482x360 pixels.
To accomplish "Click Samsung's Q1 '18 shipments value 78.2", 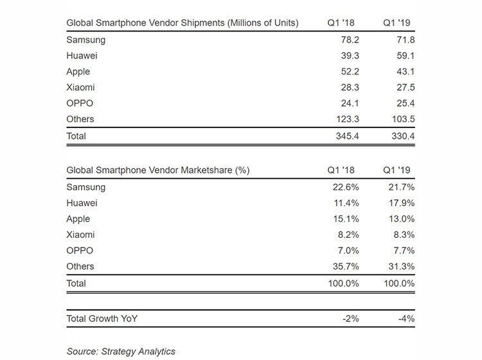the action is pyautogui.click(x=350, y=40).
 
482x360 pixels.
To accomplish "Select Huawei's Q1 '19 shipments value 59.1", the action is pyautogui.click(x=406, y=56).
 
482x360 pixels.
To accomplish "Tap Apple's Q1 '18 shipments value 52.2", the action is pyautogui.click(x=350, y=71).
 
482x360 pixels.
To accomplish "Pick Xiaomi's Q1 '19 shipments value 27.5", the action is pyautogui.click(x=406, y=87).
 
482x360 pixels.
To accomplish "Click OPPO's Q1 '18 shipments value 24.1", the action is pyautogui.click(x=350, y=103).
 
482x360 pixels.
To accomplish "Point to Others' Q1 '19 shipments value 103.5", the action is pyautogui.click(x=404, y=119).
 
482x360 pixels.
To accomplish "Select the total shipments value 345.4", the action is pyautogui.click(x=347, y=136).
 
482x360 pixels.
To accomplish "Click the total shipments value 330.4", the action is pyautogui.click(x=404, y=136).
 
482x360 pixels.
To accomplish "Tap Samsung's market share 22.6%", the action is pyautogui.click(x=346, y=187).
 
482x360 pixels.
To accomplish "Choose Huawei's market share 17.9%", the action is pyautogui.click(x=402, y=203).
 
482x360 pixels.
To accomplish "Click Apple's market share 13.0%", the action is pyautogui.click(x=402, y=219).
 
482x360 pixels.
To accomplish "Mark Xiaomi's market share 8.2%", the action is pyautogui.click(x=348, y=235).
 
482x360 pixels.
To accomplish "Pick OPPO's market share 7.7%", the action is pyautogui.click(x=404, y=251).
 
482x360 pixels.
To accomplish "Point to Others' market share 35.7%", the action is pyautogui.click(x=346, y=266).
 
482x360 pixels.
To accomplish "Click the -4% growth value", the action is pyautogui.click(x=406, y=318).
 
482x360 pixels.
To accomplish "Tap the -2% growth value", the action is pyautogui.click(x=351, y=318).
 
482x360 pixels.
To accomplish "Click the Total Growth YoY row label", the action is pyautogui.click(x=102, y=318).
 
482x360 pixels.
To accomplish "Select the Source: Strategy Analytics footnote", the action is pyautogui.click(x=121, y=352).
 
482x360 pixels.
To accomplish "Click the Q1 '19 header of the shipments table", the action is pyautogui.click(x=397, y=22).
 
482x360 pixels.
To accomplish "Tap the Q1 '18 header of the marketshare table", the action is pyautogui.click(x=341, y=170).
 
